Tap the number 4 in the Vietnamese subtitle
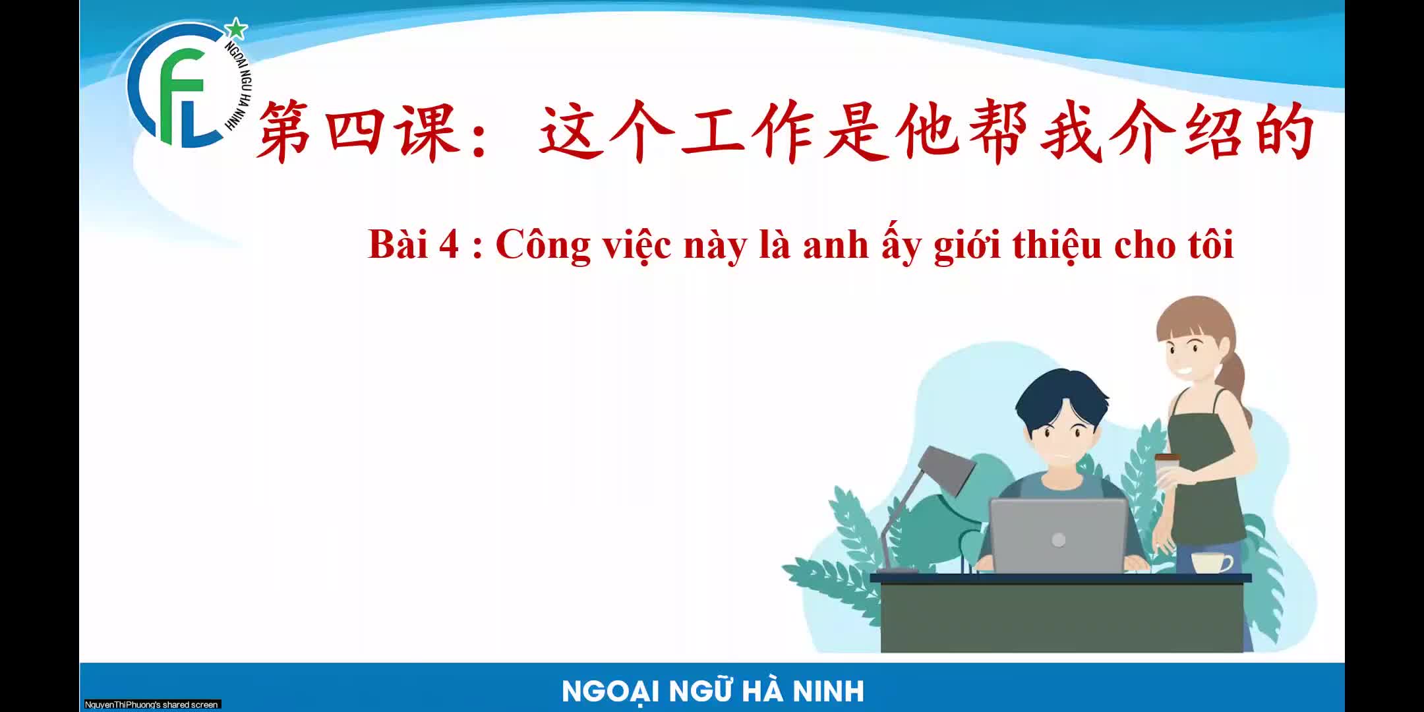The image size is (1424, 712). pos(448,245)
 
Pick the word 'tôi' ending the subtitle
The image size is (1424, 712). pos(1210,245)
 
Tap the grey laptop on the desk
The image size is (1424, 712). pos(1059,535)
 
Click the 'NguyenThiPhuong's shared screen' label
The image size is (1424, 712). pos(152,705)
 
